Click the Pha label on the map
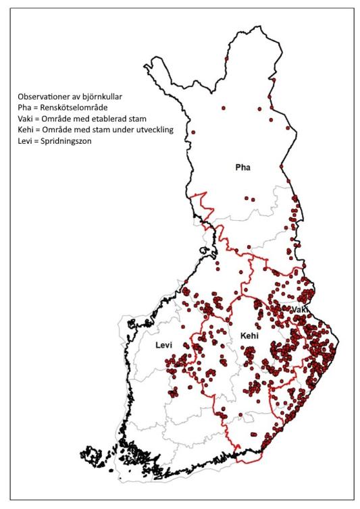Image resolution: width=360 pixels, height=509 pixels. [242, 167]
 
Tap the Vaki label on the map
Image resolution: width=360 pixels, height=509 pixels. [300, 309]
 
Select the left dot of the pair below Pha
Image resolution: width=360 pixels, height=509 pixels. [247, 198]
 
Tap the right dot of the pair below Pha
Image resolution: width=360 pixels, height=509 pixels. [254, 198]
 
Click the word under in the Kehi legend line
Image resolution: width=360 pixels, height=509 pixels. [124, 130]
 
